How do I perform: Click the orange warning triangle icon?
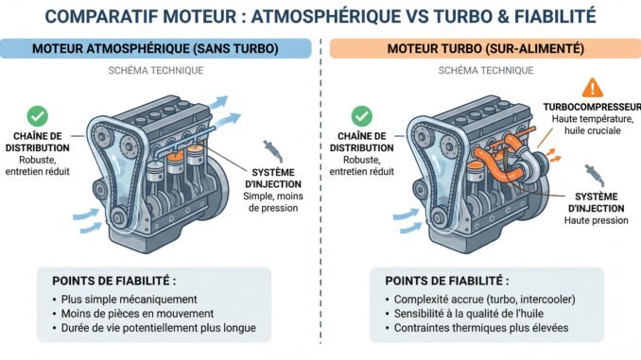593,88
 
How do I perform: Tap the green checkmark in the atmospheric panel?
38,116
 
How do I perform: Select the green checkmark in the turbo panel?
362,116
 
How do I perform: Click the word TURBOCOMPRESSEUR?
592,107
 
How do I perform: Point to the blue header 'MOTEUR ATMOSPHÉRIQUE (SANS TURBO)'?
155,48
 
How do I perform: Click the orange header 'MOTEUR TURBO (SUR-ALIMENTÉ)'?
486,48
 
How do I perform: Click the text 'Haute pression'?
596,221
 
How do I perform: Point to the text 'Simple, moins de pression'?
273,202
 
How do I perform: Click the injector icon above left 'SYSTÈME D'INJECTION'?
272,151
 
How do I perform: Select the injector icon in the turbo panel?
594,176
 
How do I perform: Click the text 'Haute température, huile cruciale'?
593,125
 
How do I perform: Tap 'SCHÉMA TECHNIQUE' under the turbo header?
486,71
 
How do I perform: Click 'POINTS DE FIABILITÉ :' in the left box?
114,282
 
